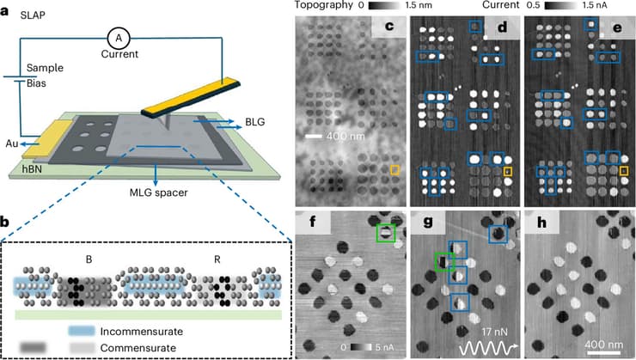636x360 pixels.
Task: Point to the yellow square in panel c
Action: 395,170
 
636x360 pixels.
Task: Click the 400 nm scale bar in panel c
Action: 324,136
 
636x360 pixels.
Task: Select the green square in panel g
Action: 444,259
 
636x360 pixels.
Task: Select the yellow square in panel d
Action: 508,173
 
